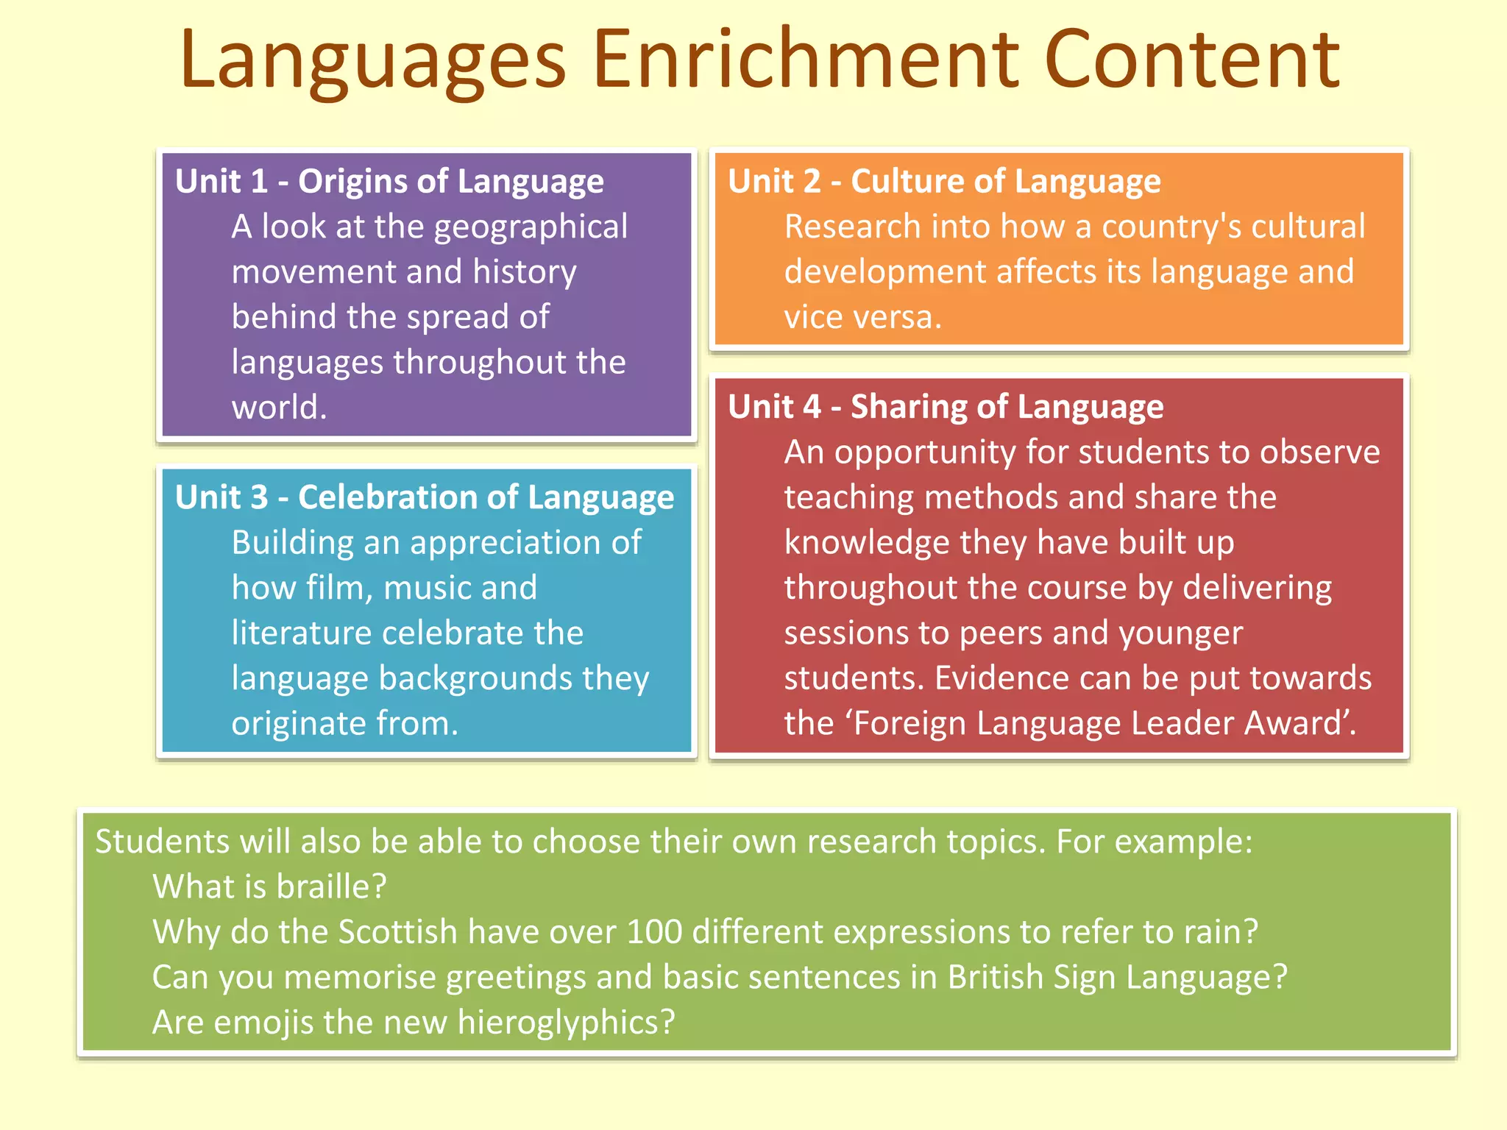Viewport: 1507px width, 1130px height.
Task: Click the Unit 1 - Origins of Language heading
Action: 389,182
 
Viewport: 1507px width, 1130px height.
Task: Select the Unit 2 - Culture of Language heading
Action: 944,182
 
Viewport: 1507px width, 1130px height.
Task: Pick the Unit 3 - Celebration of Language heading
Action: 425,498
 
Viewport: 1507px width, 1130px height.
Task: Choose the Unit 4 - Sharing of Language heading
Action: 946,407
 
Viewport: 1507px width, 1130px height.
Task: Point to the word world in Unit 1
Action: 278,408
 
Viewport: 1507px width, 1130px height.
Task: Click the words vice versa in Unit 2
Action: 862,318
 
